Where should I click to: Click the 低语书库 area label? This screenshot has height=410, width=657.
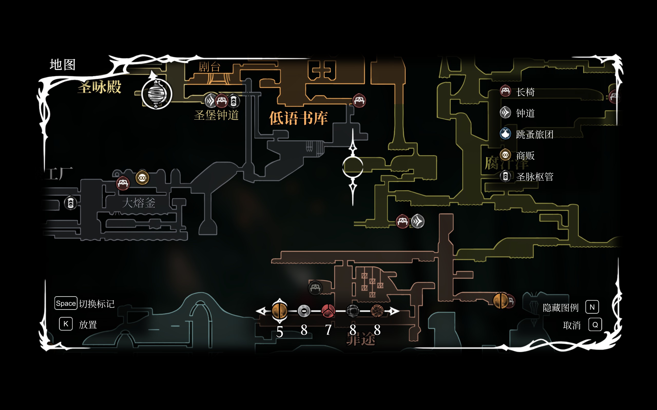(298, 118)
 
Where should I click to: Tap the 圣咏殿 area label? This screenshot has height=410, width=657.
(99, 87)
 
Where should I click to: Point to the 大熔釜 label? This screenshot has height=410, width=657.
(139, 203)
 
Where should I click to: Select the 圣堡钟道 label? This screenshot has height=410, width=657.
(216, 115)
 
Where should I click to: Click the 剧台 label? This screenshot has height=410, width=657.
(209, 67)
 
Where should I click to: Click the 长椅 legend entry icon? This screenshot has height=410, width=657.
(505, 91)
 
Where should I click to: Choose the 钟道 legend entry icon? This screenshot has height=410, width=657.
(505, 112)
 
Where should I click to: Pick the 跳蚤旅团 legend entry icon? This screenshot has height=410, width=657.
(505, 134)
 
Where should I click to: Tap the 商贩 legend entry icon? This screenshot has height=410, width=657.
(505, 155)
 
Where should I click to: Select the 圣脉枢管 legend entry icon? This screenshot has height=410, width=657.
(505, 177)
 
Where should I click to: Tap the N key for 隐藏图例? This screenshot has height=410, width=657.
(592, 307)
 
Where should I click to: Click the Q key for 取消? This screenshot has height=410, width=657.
(595, 325)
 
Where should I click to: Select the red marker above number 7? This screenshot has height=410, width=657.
(328, 311)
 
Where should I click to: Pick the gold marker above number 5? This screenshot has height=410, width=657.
(280, 311)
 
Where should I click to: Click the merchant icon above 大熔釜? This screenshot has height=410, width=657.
(142, 178)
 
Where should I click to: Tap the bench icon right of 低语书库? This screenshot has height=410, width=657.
(359, 101)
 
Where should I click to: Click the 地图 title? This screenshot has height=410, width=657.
(62, 65)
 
